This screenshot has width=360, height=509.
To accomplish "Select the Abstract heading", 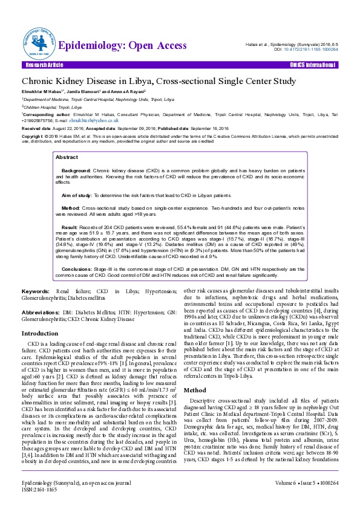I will (x=67, y=157).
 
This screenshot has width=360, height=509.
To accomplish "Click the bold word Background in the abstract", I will (x=76, y=171).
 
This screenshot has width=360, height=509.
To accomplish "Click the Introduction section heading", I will (x=40, y=333).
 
